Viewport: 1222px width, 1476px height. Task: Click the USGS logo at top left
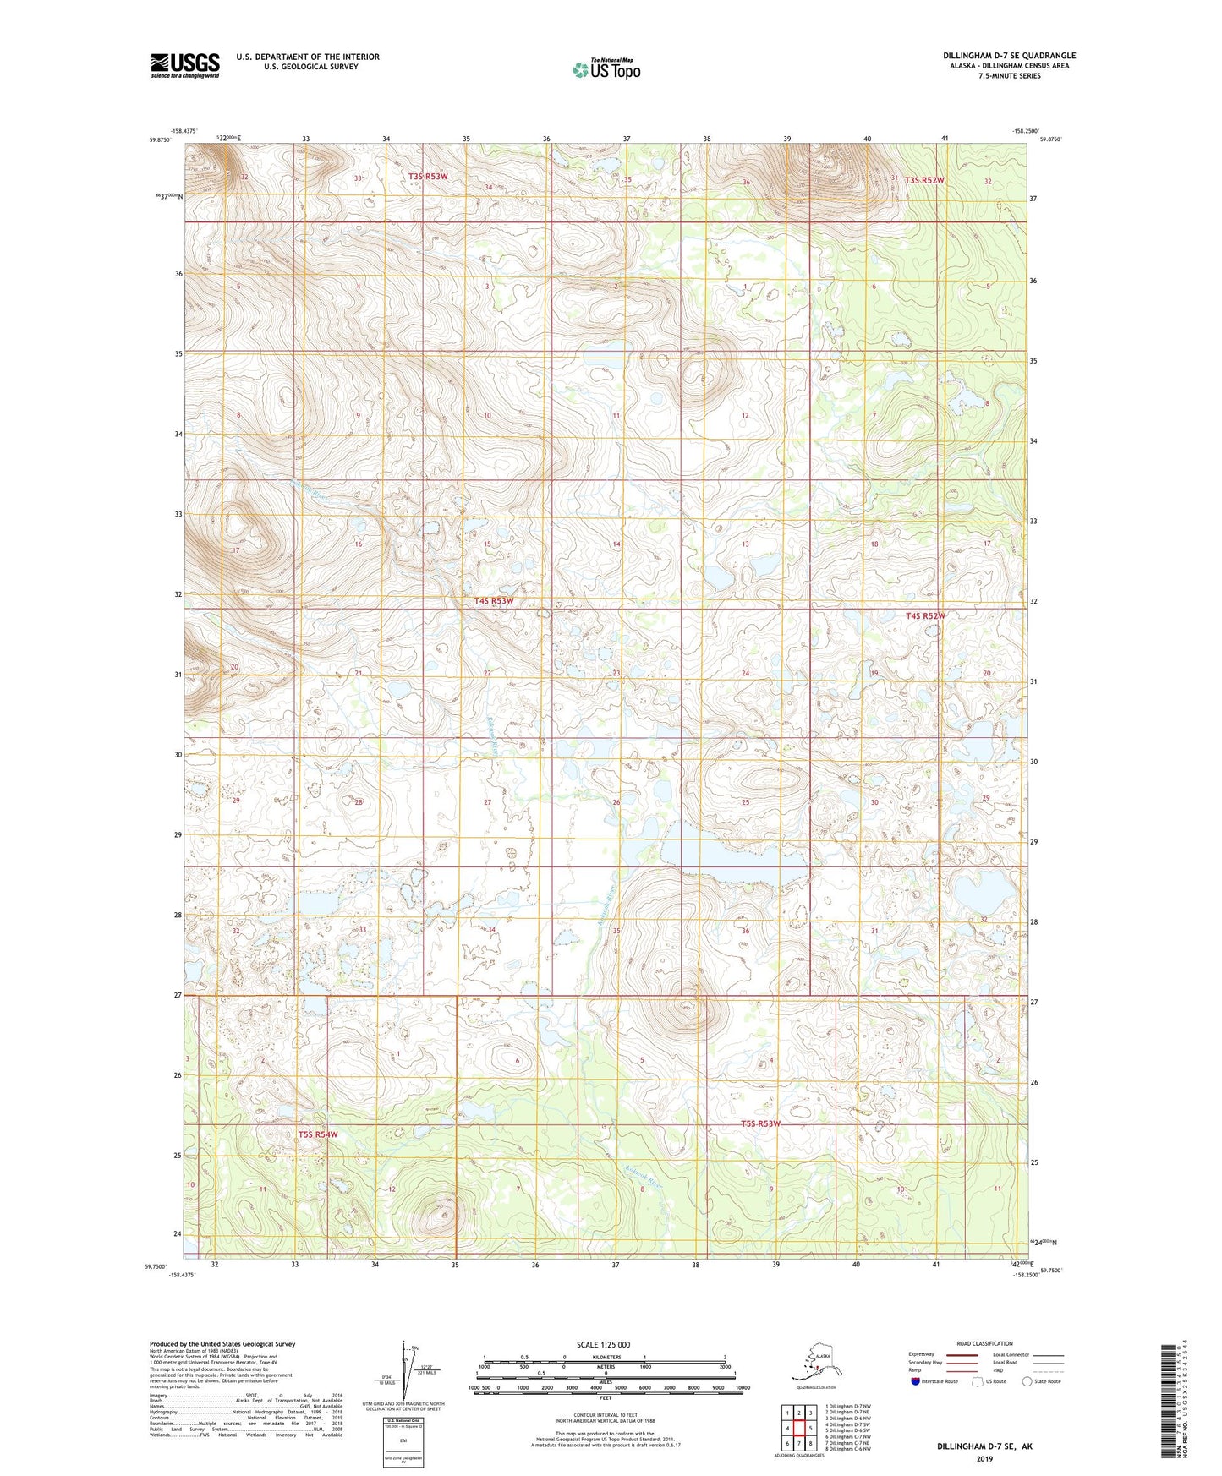tap(185, 64)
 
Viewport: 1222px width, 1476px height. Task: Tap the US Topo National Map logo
tap(606, 69)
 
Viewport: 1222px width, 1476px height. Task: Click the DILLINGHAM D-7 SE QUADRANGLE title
tap(1009, 56)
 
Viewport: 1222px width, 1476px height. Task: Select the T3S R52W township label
tap(923, 180)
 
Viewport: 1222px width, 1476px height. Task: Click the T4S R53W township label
tap(494, 600)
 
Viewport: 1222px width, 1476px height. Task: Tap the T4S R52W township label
tap(925, 616)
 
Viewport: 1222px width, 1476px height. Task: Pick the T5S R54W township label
tap(318, 1134)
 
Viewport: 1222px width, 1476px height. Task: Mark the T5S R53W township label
tap(760, 1123)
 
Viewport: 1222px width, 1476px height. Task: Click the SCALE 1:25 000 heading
tap(603, 1345)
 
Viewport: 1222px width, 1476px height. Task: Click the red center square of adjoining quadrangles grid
tap(798, 1429)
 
